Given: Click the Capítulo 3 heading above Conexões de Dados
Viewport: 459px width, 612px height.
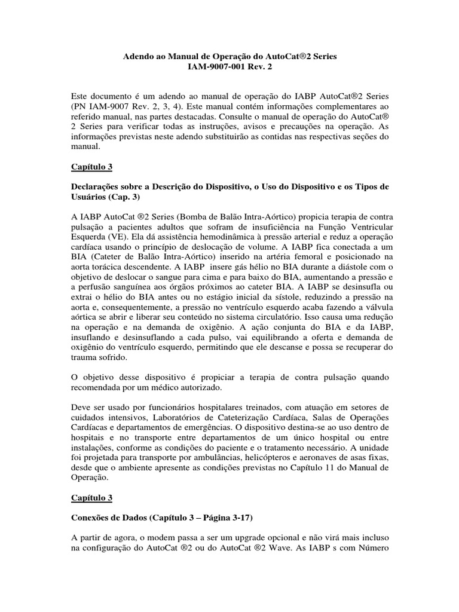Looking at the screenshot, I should [x=91, y=497].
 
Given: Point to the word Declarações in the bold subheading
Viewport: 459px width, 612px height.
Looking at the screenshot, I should [x=100, y=186].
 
